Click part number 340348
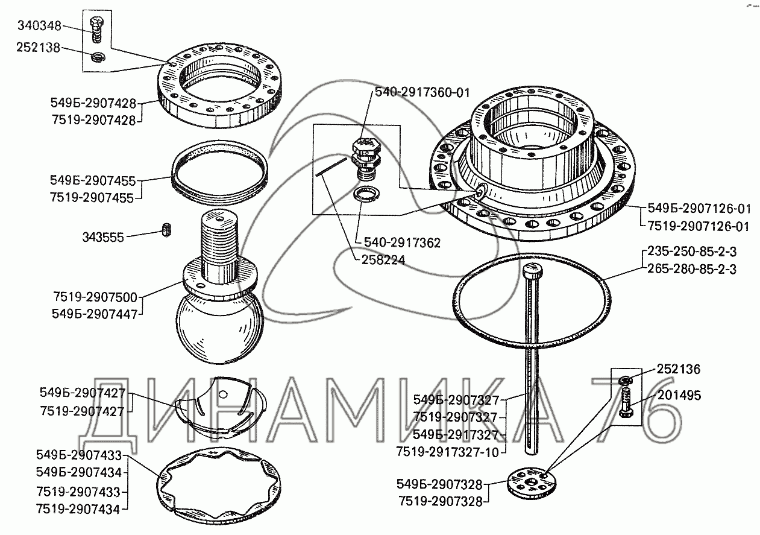40,26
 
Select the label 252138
40,48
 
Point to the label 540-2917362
402,243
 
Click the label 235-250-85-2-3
691,252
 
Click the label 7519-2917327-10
448,452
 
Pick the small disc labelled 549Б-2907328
528,481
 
